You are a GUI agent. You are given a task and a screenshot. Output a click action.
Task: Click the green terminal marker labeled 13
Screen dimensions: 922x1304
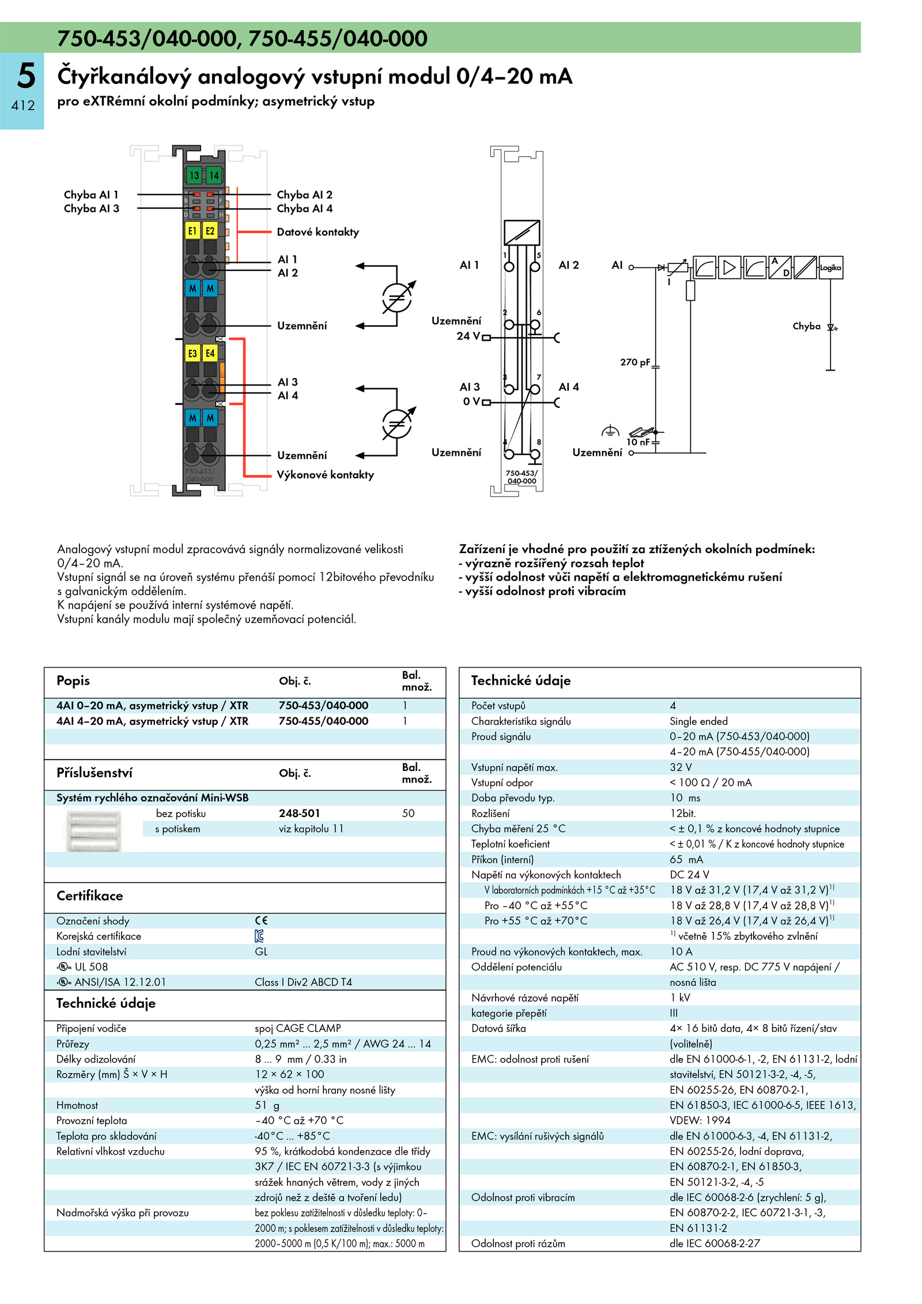coord(194,175)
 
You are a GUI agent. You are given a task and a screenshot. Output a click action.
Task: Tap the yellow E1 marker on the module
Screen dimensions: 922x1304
coord(192,231)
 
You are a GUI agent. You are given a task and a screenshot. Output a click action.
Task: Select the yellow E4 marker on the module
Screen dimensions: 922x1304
coord(210,353)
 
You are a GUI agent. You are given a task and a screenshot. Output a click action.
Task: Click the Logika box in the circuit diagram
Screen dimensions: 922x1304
coord(830,268)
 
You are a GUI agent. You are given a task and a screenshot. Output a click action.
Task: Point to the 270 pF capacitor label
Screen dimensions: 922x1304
coord(635,362)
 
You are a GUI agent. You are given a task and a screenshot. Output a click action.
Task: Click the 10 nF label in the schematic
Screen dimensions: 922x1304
coord(638,442)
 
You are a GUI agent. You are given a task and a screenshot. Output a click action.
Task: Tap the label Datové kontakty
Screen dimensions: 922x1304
coord(318,232)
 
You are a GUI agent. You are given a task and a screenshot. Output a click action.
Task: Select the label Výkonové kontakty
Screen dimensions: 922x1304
coord(325,475)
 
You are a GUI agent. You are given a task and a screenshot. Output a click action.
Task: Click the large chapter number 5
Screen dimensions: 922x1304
coord(26,76)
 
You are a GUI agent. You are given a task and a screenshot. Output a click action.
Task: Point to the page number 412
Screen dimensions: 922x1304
coord(23,105)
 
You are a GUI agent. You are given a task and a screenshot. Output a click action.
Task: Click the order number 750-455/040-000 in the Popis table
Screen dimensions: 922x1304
coord(323,721)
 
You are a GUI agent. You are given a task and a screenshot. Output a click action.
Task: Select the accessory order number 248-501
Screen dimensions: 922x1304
coord(299,813)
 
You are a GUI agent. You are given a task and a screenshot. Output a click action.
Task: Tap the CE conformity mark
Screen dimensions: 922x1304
coord(261,921)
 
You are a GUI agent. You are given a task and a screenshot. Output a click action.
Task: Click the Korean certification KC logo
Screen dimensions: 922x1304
coord(259,936)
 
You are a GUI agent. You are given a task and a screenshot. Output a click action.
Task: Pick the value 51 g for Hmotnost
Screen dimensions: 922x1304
coord(267,1105)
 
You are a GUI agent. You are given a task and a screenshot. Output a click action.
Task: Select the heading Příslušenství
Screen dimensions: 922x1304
coord(95,773)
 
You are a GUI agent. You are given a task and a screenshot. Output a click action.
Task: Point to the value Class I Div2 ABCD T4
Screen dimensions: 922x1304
coord(303,982)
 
